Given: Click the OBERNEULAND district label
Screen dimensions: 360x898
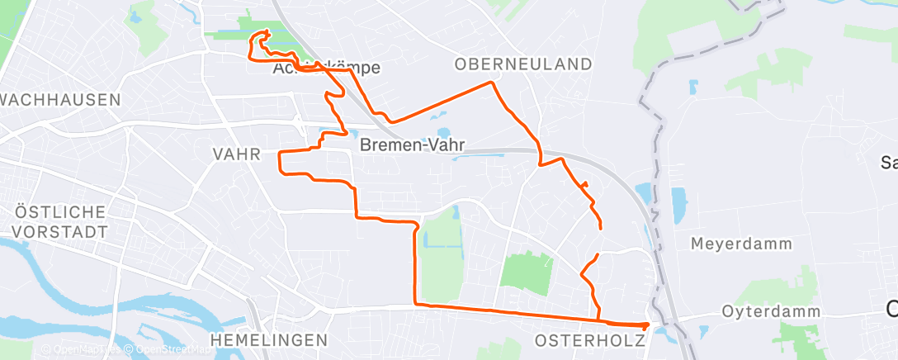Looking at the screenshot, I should [x=523, y=64].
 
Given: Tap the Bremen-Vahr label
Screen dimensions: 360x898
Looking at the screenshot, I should [x=412, y=145].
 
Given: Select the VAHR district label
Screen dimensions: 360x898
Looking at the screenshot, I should [x=236, y=154].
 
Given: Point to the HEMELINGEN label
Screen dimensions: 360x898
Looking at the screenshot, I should [x=268, y=340].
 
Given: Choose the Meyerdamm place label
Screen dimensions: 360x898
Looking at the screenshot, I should [x=741, y=244].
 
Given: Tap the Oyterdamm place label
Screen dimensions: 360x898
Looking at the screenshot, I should [x=771, y=312].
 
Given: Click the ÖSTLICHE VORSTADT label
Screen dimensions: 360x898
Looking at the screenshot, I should [x=61, y=221].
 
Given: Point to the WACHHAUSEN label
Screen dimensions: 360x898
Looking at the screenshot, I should [x=60, y=100].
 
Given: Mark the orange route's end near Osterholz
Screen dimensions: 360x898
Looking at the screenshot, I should [x=645, y=325].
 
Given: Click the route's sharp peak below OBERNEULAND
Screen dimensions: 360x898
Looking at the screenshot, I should [x=493, y=83].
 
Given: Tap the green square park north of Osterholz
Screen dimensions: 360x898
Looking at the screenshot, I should [x=526, y=272].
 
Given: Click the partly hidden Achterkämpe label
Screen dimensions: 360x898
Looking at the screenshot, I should [x=326, y=69].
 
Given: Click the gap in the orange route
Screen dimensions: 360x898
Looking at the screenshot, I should [x=598, y=240].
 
